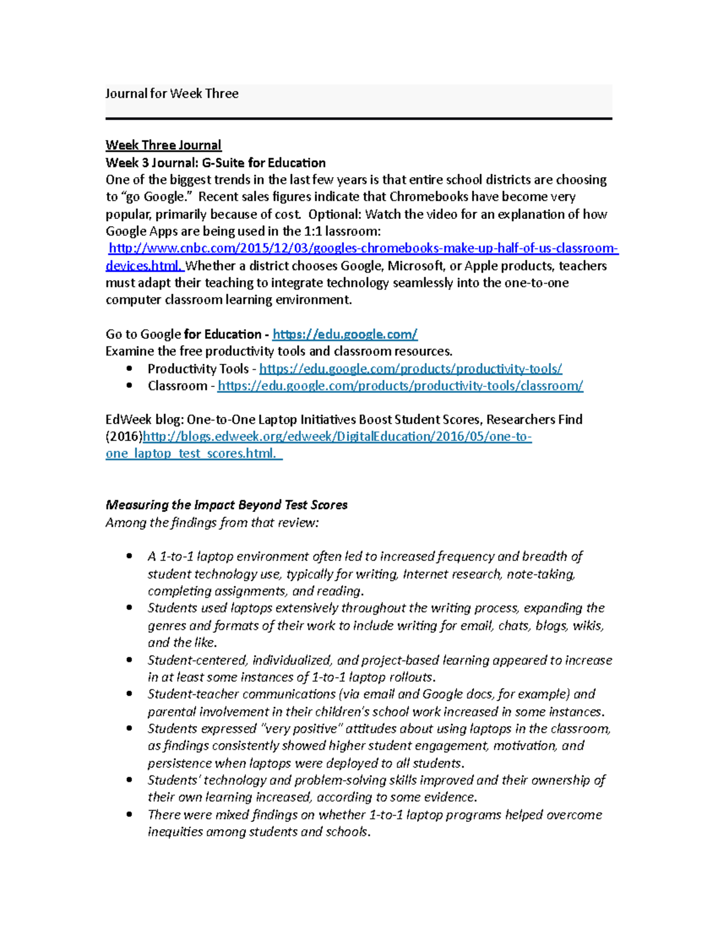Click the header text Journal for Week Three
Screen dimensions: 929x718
[172, 93]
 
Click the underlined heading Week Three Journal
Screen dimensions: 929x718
[163, 145]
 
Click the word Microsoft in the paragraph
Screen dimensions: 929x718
[415, 266]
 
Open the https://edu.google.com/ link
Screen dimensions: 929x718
[345, 334]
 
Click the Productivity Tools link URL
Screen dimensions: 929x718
[410, 368]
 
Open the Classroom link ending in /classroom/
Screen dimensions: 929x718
[400, 386]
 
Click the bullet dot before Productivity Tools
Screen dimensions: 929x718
[129, 369]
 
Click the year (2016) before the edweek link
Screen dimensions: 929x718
[124, 437]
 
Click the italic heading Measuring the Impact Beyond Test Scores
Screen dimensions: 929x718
[226, 505]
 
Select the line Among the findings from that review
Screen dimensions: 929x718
[212, 522]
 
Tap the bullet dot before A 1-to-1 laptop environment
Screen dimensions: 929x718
[129, 556]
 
